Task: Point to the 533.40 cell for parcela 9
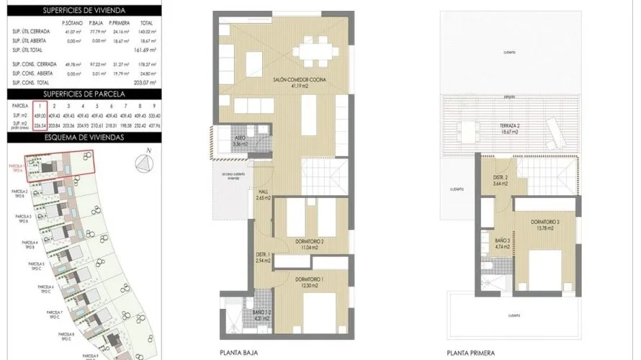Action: tap(153, 115)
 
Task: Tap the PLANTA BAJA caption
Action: tap(238, 353)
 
